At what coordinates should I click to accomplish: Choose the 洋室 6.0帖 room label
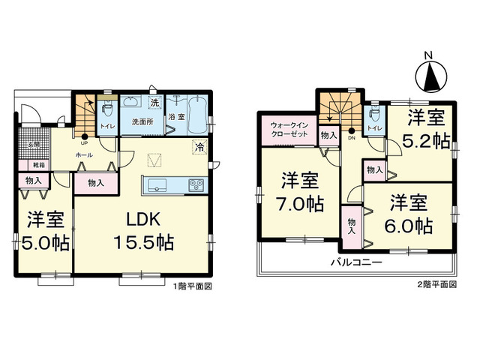(x=409, y=213)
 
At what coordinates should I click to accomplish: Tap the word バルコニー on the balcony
(x=358, y=263)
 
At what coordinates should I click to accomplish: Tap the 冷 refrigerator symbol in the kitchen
(x=200, y=147)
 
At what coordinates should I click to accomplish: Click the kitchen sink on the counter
(x=159, y=185)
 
